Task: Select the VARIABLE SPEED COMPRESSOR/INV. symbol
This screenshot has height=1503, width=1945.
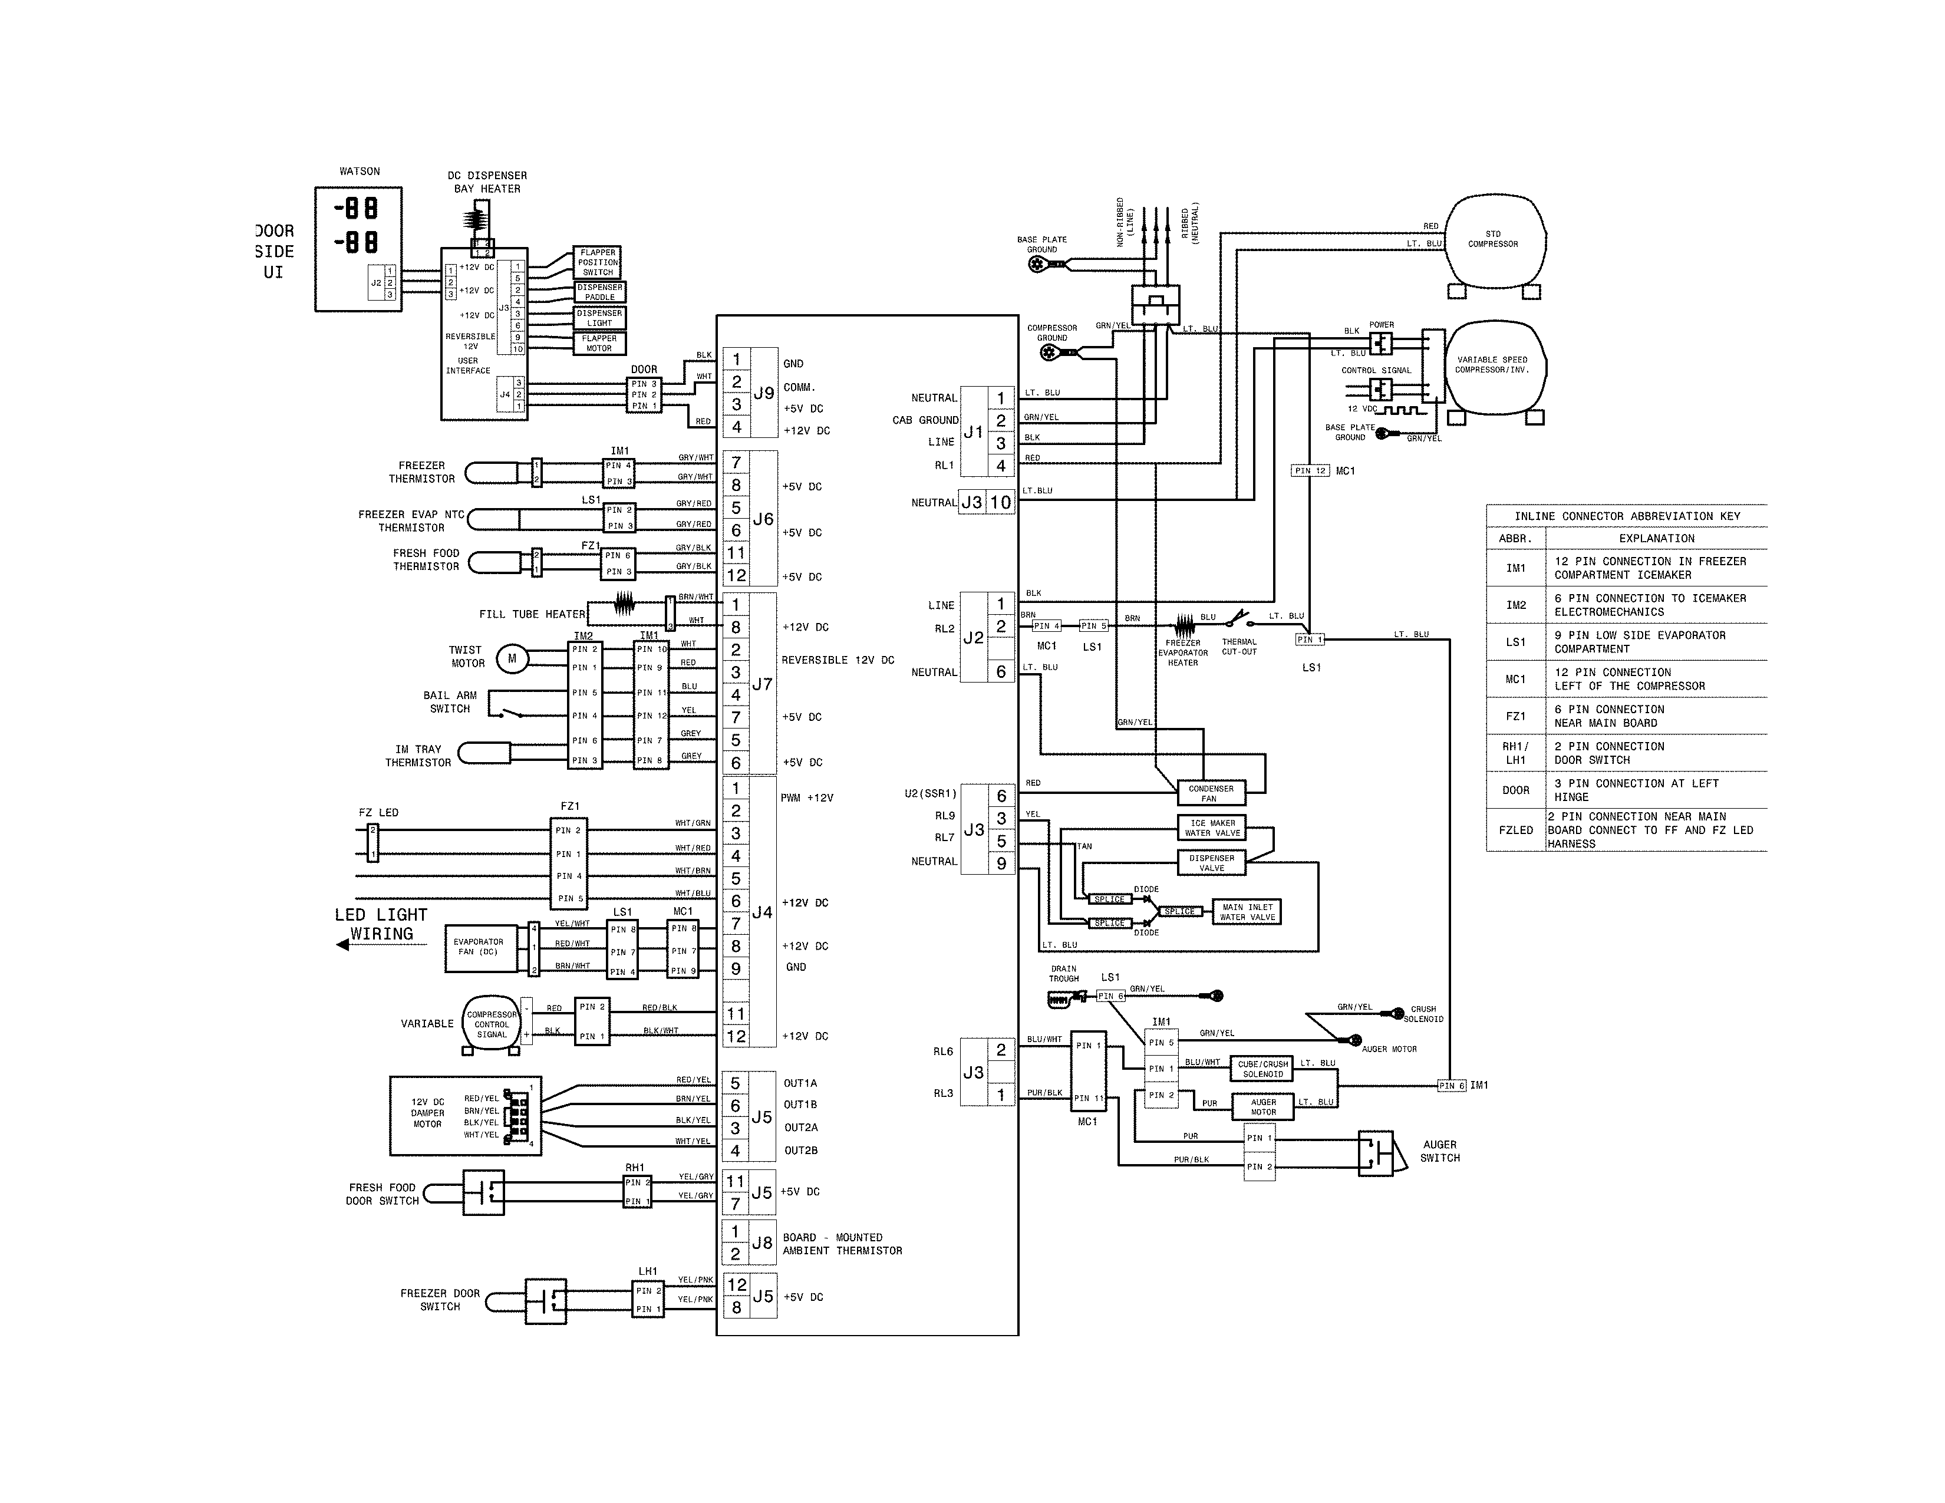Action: tap(1494, 367)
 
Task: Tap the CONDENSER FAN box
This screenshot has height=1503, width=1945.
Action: tap(1209, 792)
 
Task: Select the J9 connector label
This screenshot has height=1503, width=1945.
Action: tap(763, 393)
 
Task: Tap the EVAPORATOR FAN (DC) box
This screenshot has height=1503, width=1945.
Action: tap(479, 947)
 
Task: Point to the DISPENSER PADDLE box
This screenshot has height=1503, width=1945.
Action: tap(599, 292)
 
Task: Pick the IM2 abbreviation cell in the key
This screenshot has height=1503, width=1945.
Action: tap(1516, 605)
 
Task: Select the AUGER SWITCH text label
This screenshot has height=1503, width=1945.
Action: tap(1439, 1151)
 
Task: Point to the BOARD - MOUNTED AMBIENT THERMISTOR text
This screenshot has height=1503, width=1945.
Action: tap(842, 1244)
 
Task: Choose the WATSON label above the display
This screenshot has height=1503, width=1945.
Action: tap(359, 171)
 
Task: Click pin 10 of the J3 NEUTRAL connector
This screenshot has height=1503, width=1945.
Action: tap(1000, 502)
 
